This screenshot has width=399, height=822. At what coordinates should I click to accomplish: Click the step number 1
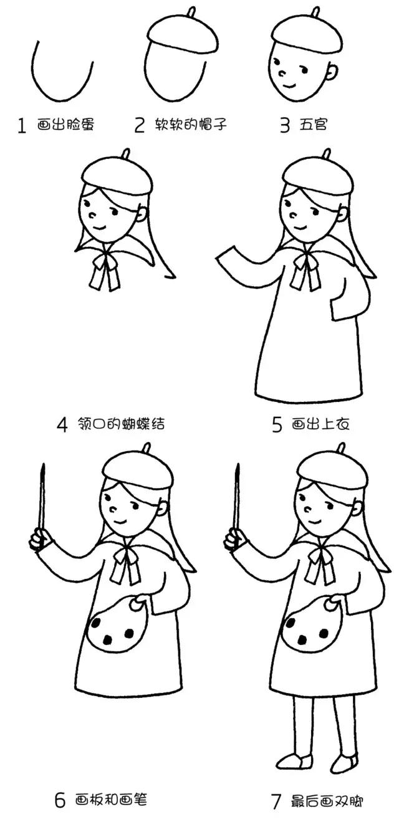point(22,127)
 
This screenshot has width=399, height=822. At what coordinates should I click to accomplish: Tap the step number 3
point(285,125)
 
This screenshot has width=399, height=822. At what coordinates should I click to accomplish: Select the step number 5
point(277,424)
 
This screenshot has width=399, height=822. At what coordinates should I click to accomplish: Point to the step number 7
point(276,801)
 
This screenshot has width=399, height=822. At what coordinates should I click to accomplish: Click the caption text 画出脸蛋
point(65,125)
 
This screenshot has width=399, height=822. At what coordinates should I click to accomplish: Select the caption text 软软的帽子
point(190,125)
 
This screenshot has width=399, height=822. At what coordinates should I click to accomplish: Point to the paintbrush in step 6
point(42,495)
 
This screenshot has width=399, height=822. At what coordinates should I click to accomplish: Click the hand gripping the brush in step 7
point(234,538)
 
